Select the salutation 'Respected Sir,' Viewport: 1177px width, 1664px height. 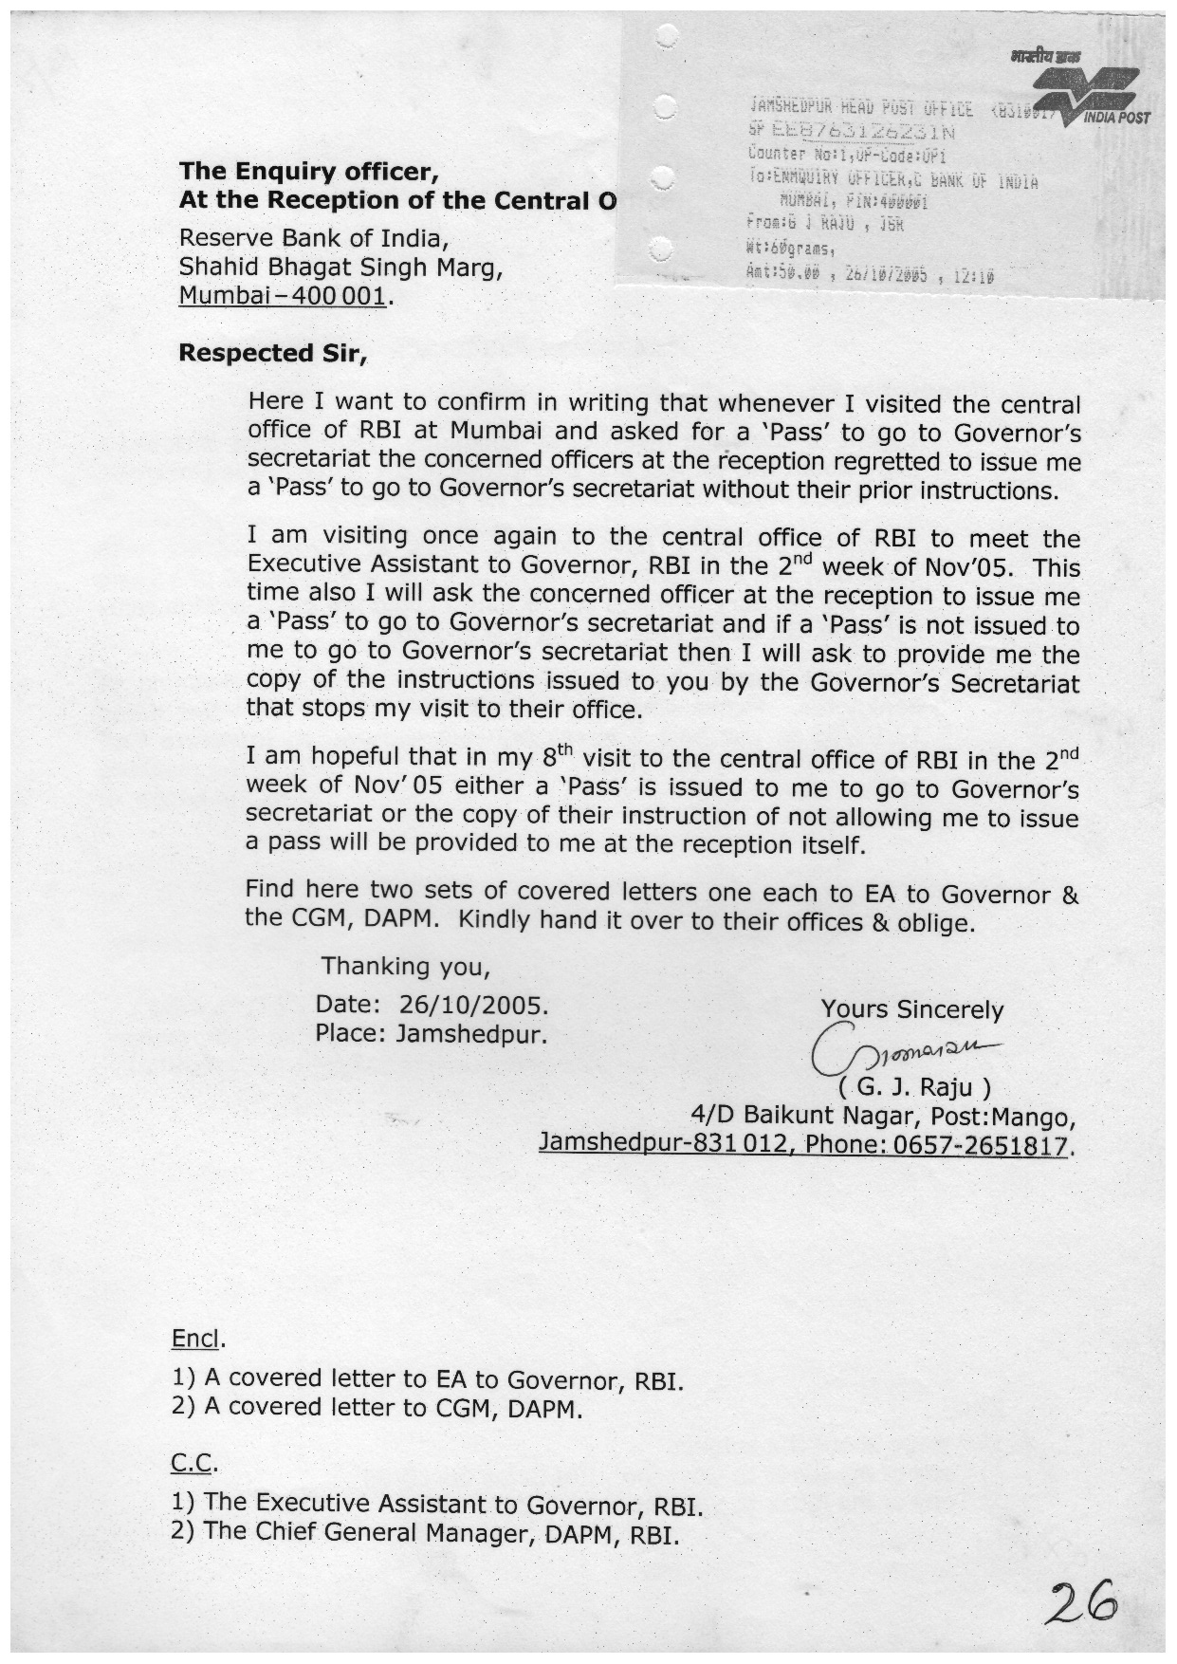pos(271,354)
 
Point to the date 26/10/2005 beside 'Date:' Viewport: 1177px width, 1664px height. pos(473,1005)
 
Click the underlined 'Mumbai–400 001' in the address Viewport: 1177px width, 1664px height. pos(283,296)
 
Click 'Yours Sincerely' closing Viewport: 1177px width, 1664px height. pos(911,1010)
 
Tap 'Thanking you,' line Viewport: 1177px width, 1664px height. pos(405,967)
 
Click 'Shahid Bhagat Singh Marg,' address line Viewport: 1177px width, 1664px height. pos(340,268)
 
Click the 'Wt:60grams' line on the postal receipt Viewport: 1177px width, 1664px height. pos(790,250)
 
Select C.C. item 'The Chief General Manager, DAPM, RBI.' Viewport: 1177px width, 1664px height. pos(426,1532)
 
